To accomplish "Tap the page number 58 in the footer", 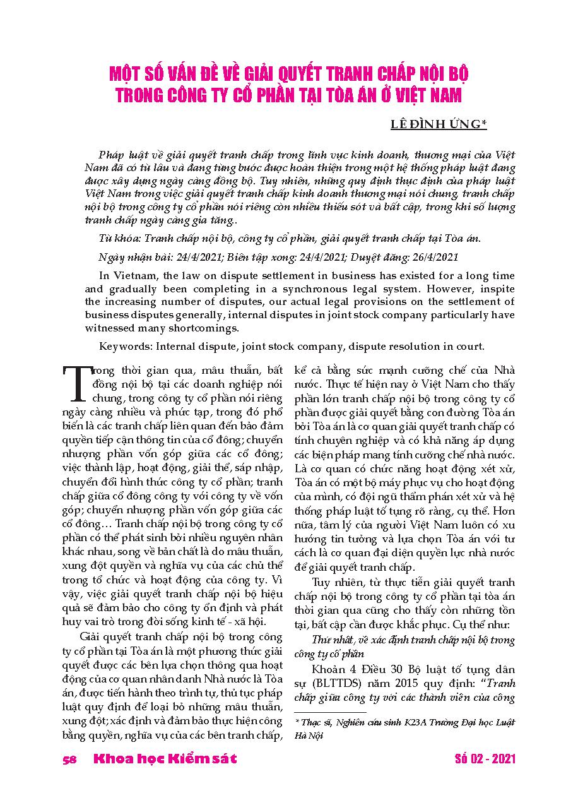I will point(70,758).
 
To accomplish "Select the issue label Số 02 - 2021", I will point(485,758).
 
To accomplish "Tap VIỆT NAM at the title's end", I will point(429,96).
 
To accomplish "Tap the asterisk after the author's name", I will point(484,124).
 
